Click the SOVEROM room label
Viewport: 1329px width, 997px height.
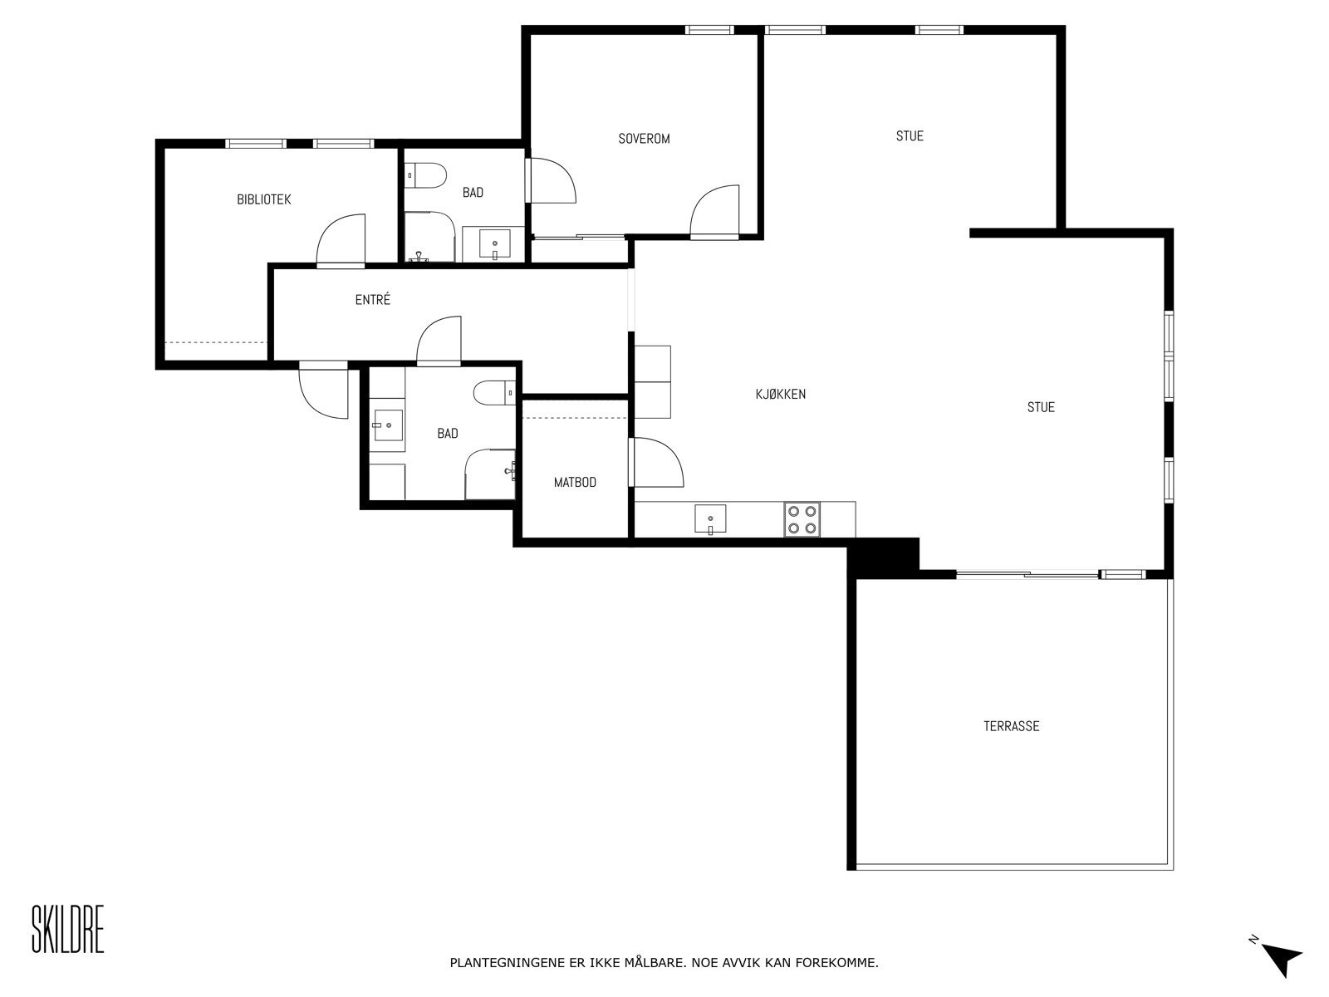tap(644, 139)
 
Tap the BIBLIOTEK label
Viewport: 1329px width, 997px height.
tap(264, 199)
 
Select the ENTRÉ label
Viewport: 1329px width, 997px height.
tap(372, 300)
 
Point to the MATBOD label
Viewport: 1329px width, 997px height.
tap(575, 482)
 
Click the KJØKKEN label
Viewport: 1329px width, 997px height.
tap(781, 394)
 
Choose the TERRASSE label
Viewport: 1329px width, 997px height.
tap(1011, 726)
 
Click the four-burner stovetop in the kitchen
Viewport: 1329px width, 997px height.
tap(802, 520)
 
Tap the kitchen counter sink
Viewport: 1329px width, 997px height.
tap(710, 519)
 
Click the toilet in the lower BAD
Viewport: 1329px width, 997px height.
tap(494, 392)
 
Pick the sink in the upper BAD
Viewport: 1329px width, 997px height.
tap(495, 244)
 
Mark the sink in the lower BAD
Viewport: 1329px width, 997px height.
tap(387, 425)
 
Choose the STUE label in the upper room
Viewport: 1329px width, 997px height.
tap(910, 136)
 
